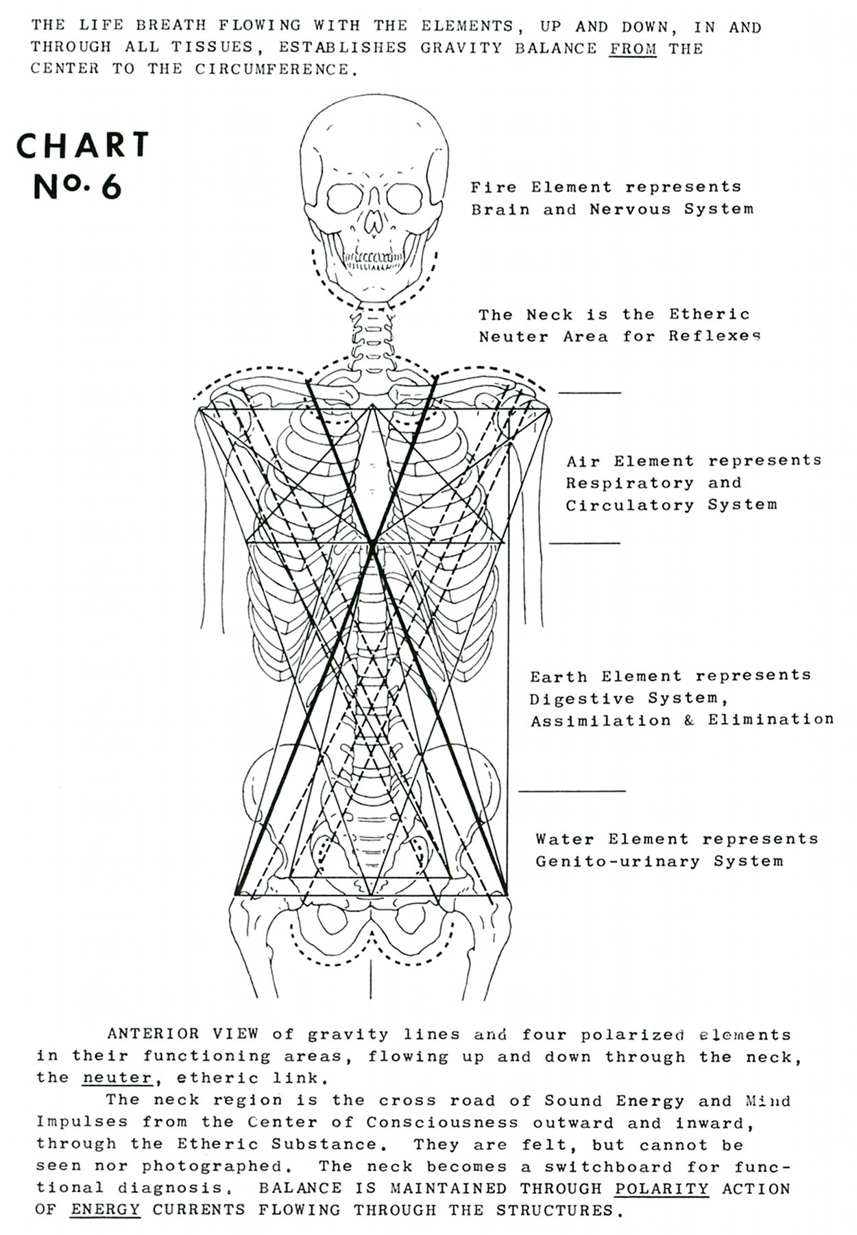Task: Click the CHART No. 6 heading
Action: (83, 165)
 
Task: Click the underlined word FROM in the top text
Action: (633, 49)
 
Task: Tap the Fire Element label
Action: (612, 198)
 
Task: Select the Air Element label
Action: (693, 483)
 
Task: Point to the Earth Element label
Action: (681, 698)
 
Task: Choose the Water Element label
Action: (677, 850)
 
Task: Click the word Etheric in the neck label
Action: (710, 314)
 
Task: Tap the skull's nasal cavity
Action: (374, 221)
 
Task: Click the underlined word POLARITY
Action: (662, 1188)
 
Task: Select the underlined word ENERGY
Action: (105, 1210)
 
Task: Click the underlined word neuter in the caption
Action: (117, 1078)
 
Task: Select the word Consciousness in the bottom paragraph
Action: (442, 1123)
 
